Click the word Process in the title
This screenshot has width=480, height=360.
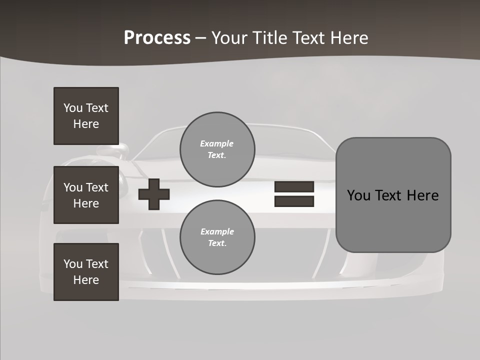pos(157,38)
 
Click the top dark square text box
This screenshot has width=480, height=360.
pos(86,116)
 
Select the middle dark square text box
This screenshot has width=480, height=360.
pos(86,195)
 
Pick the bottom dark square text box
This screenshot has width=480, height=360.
pos(86,272)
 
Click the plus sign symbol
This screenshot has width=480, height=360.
pos(154,194)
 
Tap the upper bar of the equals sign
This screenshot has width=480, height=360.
pos(294,186)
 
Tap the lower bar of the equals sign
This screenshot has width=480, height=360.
pos(294,201)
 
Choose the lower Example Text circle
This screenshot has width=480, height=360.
pos(217,237)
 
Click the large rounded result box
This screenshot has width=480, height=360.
pos(393,195)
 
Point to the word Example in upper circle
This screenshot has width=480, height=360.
pos(217,143)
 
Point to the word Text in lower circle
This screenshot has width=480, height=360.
pos(217,243)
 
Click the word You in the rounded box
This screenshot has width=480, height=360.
pos(358,195)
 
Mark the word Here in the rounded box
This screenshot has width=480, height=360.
pos(422,195)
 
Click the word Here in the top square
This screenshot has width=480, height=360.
pos(86,124)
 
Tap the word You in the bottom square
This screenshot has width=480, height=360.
pos(73,264)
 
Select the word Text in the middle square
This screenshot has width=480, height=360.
pos(97,187)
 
